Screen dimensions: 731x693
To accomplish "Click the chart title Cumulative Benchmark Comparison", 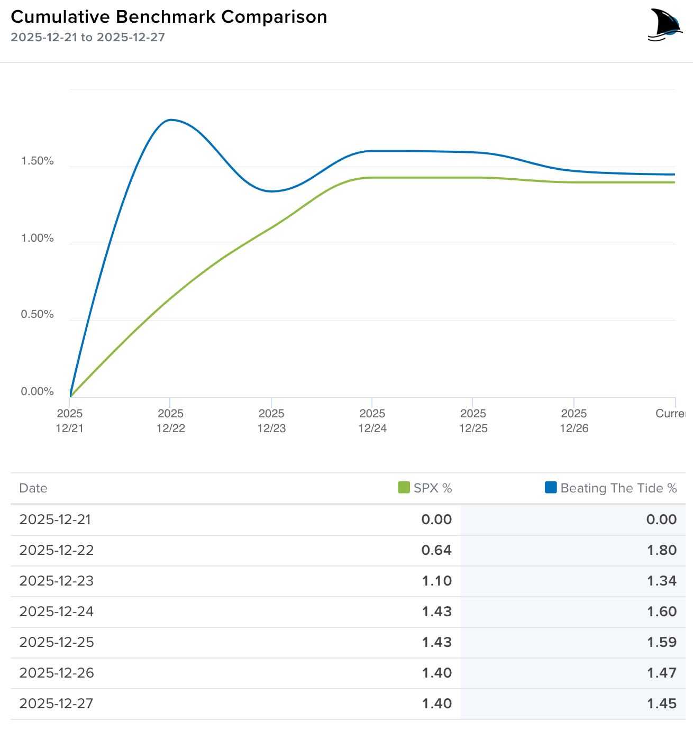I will click(169, 17).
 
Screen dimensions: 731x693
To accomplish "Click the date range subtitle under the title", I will click(88, 38).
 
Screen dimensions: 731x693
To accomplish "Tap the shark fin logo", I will click(665, 25).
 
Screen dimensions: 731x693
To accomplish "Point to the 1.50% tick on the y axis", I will click(37, 161).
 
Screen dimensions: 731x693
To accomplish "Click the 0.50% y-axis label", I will click(37, 315).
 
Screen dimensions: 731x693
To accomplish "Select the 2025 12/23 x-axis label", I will click(271, 421).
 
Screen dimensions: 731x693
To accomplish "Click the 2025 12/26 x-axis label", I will click(574, 421).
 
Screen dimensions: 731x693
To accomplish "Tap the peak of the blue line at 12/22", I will click(170, 120).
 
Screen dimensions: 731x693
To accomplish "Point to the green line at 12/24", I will click(372, 178).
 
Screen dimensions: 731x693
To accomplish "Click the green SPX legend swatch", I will click(404, 487).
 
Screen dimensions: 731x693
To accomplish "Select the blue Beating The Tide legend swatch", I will click(551, 487).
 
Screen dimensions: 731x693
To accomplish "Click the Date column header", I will click(33, 488).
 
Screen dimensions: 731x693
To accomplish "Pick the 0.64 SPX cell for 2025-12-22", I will click(436, 550).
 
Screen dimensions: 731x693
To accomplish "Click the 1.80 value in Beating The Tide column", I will click(662, 550).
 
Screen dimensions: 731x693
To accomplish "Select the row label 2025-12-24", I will click(57, 611).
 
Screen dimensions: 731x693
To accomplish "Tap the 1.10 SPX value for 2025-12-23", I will click(437, 581).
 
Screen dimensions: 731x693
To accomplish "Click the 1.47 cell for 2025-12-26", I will click(662, 673).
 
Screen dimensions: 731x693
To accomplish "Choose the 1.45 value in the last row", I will click(662, 703).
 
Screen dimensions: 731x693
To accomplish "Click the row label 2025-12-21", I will click(56, 519).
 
